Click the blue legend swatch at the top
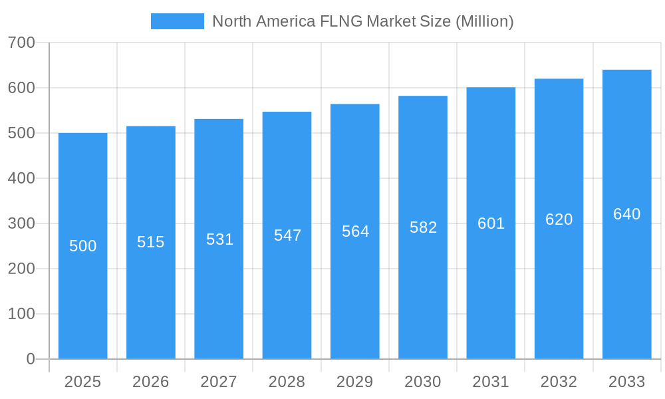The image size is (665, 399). [x=178, y=21]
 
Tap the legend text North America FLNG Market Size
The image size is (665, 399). [x=362, y=21]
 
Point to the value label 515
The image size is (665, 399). [x=151, y=242]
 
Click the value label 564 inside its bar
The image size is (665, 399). [x=355, y=231]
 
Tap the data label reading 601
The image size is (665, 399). [x=491, y=223]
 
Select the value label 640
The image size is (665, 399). [x=626, y=214]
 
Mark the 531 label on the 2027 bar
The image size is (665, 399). [x=219, y=239]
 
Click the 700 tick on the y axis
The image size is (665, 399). [x=21, y=43]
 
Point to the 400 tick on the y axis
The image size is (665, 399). [x=21, y=178]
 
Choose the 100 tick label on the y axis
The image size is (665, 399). [x=21, y=314]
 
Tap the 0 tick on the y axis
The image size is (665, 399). [x=31, y=359]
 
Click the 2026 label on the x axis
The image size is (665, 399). [x=151, y=382]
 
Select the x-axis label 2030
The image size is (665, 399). [x=423, y=382]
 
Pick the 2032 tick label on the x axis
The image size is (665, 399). [x=559, y=382]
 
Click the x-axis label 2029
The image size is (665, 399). [x=355, y=382]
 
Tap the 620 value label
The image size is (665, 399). [x=559, y=219]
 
